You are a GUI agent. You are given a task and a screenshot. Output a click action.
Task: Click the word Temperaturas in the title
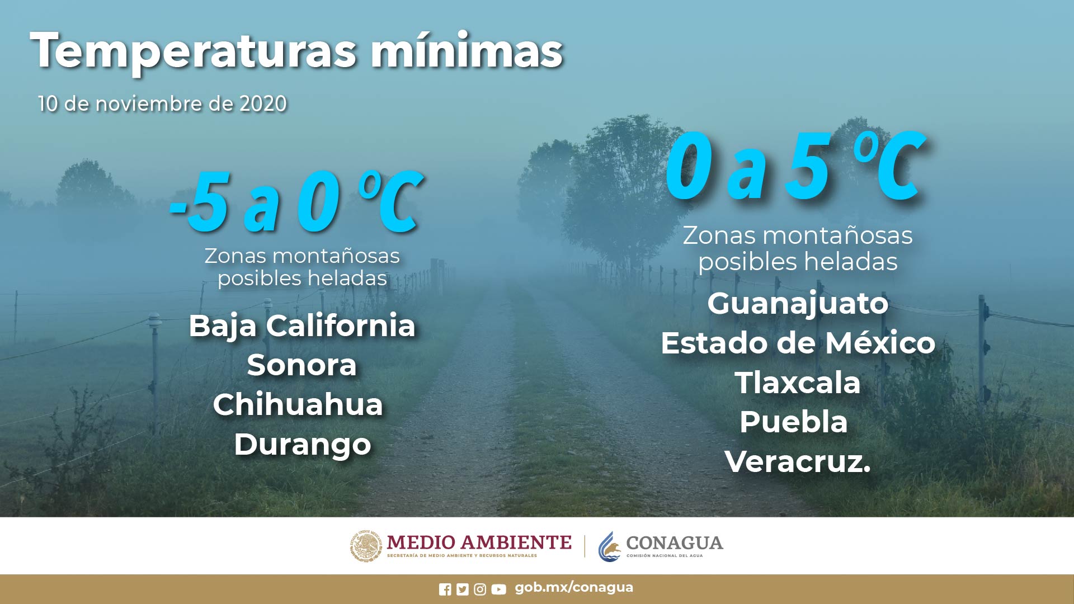193,51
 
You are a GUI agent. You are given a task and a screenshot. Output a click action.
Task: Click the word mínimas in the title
467,51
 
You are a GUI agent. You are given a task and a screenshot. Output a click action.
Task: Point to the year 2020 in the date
263,104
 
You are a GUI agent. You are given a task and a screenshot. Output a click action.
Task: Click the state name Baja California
302,326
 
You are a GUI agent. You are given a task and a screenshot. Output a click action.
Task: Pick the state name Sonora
302,365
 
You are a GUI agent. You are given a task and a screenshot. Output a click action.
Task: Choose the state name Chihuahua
298,404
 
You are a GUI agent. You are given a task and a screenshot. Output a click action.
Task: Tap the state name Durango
302,445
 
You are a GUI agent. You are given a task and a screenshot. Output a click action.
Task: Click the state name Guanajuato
798,304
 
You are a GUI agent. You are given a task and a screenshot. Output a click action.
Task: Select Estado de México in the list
798,343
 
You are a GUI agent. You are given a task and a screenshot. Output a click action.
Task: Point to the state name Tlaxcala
798,383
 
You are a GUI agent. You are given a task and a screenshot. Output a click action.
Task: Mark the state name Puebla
793,422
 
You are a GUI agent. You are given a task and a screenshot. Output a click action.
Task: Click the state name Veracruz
798,462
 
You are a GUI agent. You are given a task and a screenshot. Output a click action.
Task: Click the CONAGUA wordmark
674,543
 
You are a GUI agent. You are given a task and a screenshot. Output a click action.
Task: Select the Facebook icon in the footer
445,589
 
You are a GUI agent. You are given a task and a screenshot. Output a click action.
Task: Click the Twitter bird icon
462,589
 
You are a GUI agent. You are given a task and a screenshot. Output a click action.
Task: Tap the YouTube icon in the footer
498,589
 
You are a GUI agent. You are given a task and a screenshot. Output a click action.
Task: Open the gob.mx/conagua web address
574,587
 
